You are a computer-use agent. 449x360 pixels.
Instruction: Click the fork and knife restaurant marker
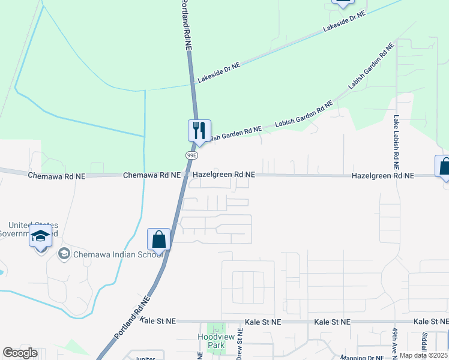click(x=199, y=130)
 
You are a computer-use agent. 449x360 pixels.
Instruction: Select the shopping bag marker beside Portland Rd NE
click(x=159, y=239)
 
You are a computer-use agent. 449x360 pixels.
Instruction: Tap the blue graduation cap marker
click(x=40, y=236)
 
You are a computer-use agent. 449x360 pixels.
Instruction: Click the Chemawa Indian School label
click(x=118, y=254)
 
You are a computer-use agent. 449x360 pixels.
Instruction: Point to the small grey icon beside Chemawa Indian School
click(x=64, y=254)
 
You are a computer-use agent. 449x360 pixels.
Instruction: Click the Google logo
click(x=20, y=353)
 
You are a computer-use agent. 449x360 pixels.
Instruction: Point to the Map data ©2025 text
click(x=423, y=355)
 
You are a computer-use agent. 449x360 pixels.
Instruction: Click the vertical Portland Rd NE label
click(x=187, y=24)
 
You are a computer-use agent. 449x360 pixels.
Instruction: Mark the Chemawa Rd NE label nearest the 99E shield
click(x=152, y=175)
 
